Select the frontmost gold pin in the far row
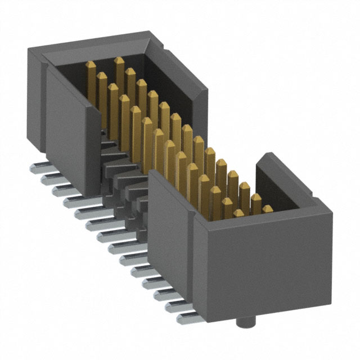[267, 209]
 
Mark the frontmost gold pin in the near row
[238, 215]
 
